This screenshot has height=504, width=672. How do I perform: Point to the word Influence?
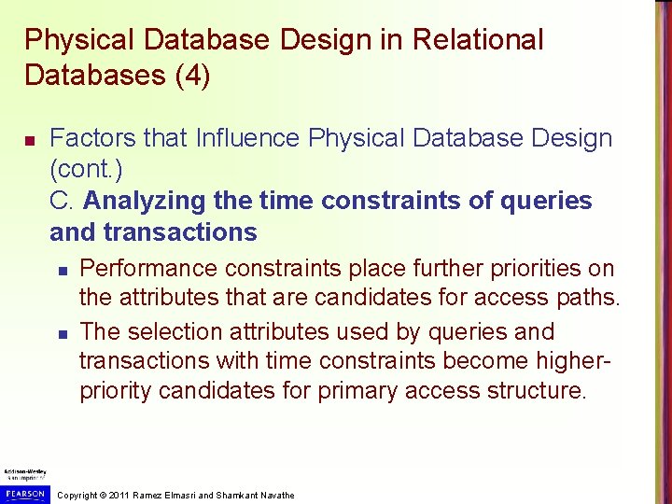coord(248,139)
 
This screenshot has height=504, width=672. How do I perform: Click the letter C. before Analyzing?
coord(63,201)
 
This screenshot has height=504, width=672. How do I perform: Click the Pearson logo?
coord(25,494)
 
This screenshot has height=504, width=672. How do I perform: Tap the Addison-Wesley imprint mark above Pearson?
coord(25,474)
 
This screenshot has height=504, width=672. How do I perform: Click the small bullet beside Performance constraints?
coord(61,271)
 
